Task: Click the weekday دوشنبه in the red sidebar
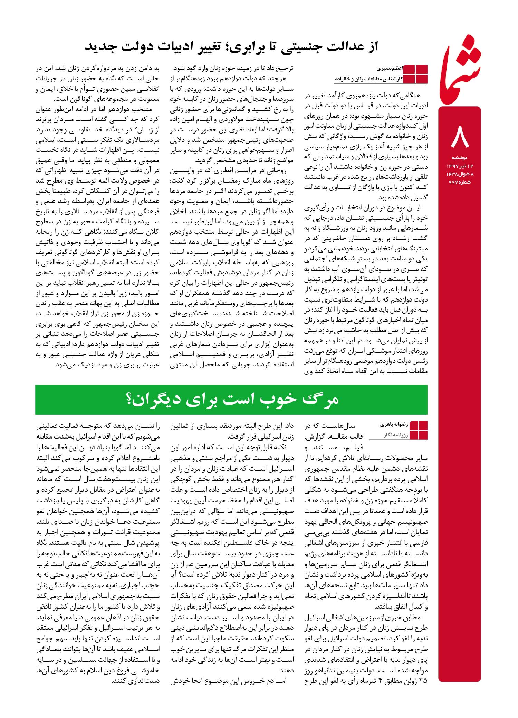(460, 158)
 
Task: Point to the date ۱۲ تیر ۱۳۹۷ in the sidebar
(460, 166)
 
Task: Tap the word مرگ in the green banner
(320, 400)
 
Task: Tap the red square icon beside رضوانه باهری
(418, 430)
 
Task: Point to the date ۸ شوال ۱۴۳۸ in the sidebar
(460, 174)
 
